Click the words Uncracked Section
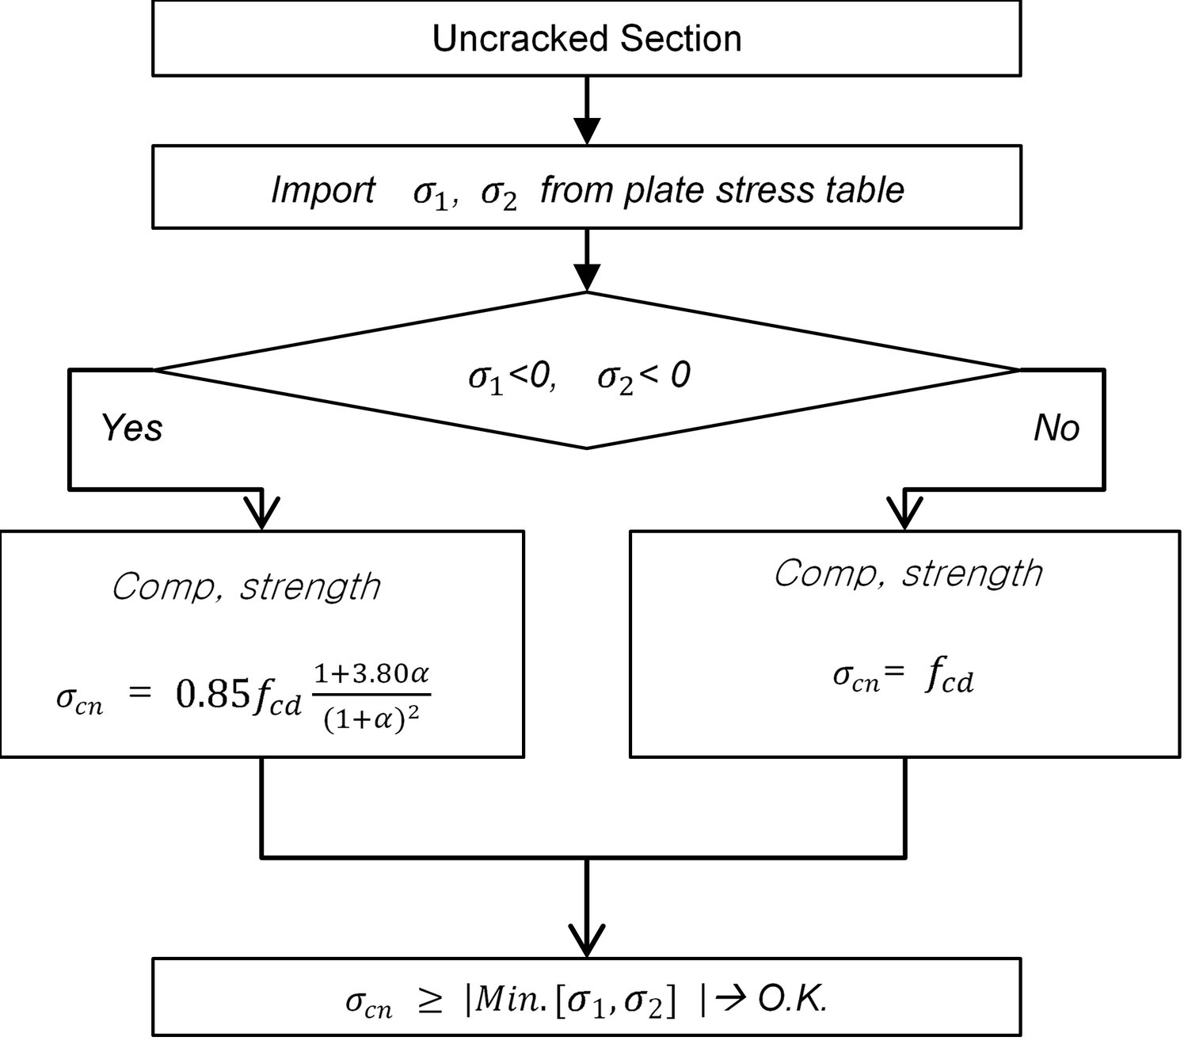tap(586, 38)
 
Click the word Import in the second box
tap(322, 190)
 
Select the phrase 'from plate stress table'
tap(722, 190)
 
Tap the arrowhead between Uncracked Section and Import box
tap(586, 129)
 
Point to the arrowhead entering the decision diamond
tap(586, 277)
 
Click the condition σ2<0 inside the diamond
tap(643, 375)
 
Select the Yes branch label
tap(131, 428)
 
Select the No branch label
tap(1056, 428)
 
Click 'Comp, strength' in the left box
tap(246, 587)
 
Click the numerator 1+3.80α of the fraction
tap(371, 674)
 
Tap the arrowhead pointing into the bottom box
tap(586, 941)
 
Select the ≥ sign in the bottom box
tap(429, 1002)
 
